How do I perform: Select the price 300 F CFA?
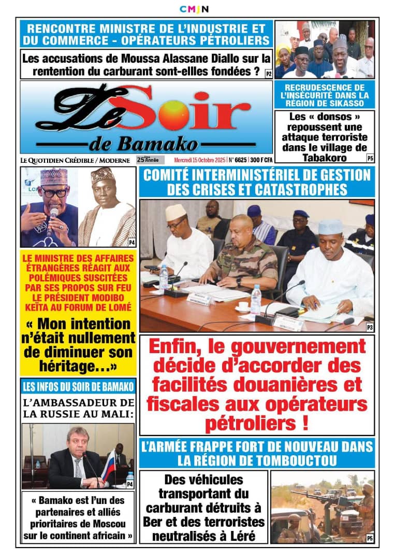coord(260,160)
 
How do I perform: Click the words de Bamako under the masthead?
coord(143,144)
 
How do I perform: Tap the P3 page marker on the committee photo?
coord(370,327)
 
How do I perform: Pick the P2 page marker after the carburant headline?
coord(268,74)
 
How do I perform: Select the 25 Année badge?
coord(150,160)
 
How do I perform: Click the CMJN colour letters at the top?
coord(194,9)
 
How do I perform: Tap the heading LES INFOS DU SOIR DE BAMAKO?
coord(78,386)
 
